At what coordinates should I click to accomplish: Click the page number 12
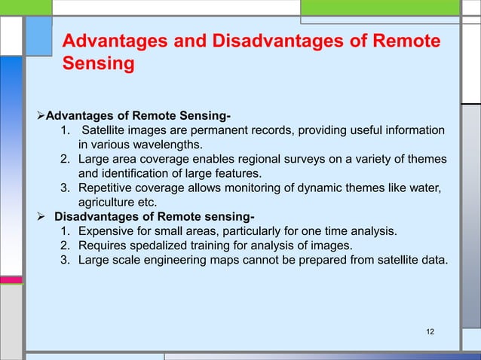click(x=430, y=332)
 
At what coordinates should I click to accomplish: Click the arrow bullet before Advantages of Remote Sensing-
click(x=41, y=116)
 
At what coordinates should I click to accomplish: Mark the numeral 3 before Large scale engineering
click(x=64, y=261)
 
